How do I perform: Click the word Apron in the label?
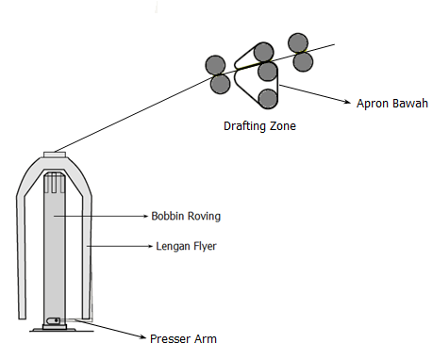[x=370, y=103]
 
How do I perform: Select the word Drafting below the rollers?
[x=244, y=125]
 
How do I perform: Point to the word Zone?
[x=284, y=125]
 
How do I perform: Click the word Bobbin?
[x=169, y=216]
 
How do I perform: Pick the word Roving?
[x=205, y=216]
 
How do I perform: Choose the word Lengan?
[x=173, y=248]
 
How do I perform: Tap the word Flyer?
[x=208, y=248]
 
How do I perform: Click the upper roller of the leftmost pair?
[x=216, y=64]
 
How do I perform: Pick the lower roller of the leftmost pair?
[x=222, y=84]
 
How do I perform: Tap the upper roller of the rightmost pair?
[x=298, y=42]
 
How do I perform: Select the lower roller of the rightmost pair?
[x=303, y=62]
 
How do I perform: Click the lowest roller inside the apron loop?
[x=268, y=97]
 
